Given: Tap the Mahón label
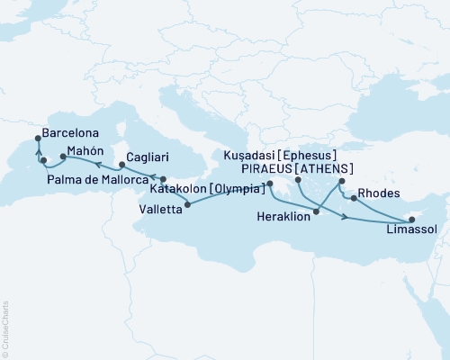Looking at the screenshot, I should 86,151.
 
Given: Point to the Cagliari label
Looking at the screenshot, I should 145,157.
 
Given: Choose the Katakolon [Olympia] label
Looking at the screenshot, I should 209,191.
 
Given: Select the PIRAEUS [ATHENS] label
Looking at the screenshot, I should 296,168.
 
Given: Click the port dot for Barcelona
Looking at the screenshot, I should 37,138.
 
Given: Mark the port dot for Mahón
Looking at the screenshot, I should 62,157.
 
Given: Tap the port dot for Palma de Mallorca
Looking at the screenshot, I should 42,162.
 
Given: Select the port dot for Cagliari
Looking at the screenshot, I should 122,165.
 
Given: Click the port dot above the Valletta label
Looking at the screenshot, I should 187,205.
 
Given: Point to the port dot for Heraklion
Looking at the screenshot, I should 316,214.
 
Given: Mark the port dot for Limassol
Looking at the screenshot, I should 409,219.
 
